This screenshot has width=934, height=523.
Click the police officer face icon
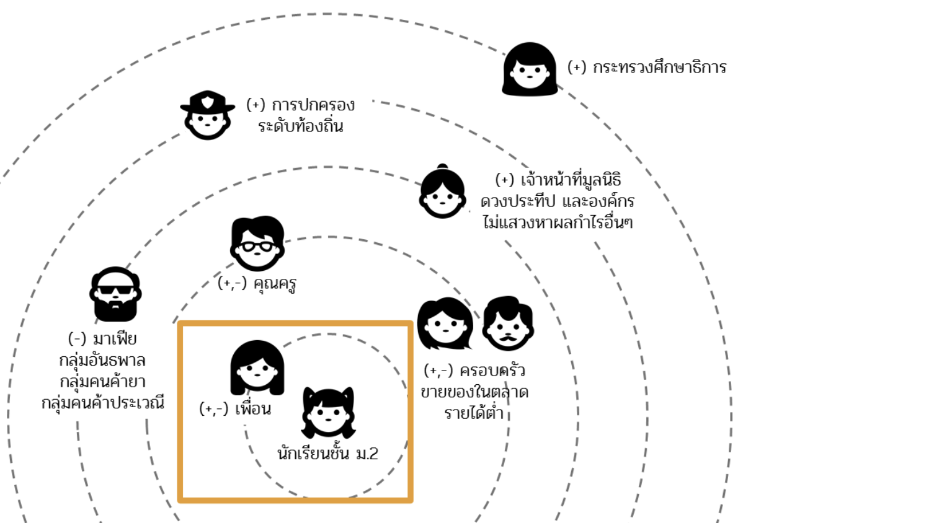pyautogui.click(x=208, y=115)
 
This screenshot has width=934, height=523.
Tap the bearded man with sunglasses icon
pyautogui.click(x=115, y=294)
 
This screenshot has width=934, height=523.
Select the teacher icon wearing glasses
pyautogui.click(x=257, y=244)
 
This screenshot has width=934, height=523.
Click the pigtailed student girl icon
pyautogui.click(x=328, y=412)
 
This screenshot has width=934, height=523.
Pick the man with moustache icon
pyautogui.click(x=508, y=323)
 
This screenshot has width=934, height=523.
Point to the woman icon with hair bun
pyautogui.click(x=442, y=191)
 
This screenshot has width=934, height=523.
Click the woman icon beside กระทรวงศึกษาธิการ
pyautogui.click(x=530, y=69)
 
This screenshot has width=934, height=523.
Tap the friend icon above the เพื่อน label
pyautogui.click(x=257, y=367)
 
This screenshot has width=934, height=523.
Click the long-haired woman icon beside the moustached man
pyautogui.click(x=445, y=323)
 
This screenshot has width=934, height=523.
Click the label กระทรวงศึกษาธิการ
pyautogui.click(x=660, y=67)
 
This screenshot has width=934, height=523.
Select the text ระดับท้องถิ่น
pyautogui.click(x=301, y=125)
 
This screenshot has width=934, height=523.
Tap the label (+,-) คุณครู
pyautogui.click(x=257, y=284)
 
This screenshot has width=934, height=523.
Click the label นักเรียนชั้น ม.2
pyautogui.click(x=327, y=453)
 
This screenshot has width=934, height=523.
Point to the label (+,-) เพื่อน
pyautogui.click(x=235, y=408)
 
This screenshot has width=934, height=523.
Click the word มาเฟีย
pyautogui.click(x=115, y=338)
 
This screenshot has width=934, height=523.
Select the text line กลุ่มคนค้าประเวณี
pyautogui.click(x=103, y=403)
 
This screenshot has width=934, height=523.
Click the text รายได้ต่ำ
pyautogui.click(x=474, y=413)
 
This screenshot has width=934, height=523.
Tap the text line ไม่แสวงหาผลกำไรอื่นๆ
pyautogui.click(x=558, y=222)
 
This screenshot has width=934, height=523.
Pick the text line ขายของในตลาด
pyautogui.click(x=474, y=392)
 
